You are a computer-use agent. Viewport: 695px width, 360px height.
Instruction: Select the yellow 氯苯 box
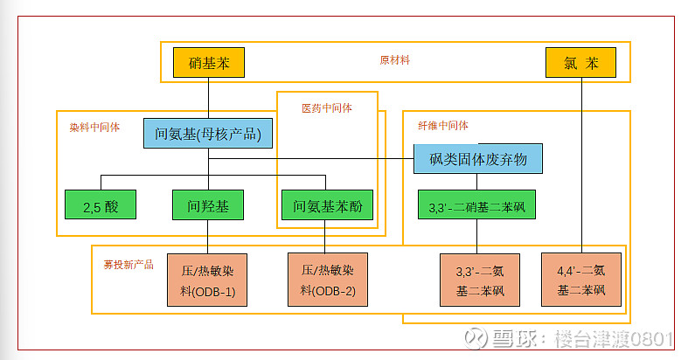580,63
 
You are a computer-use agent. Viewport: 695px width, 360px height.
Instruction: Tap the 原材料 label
394,61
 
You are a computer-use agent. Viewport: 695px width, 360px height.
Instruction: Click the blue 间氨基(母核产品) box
208,135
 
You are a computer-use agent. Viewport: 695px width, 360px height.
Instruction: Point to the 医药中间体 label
326,108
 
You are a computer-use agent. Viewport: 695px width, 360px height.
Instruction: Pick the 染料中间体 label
94,127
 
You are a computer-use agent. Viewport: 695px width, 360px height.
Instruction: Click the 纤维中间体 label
442,125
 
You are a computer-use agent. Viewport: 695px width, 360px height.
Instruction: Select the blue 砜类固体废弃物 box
477,159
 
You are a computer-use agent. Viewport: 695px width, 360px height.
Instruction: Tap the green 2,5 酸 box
100,206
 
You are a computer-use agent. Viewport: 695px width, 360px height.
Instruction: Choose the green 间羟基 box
208,206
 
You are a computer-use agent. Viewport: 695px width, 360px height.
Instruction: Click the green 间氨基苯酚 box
327,206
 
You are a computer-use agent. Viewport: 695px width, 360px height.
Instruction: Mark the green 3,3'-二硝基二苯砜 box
476,207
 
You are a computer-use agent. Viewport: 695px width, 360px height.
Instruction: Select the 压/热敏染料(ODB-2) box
327,280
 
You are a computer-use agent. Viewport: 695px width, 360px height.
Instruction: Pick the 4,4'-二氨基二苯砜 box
580,280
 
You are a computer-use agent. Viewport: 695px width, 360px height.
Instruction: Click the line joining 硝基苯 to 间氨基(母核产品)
209,97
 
